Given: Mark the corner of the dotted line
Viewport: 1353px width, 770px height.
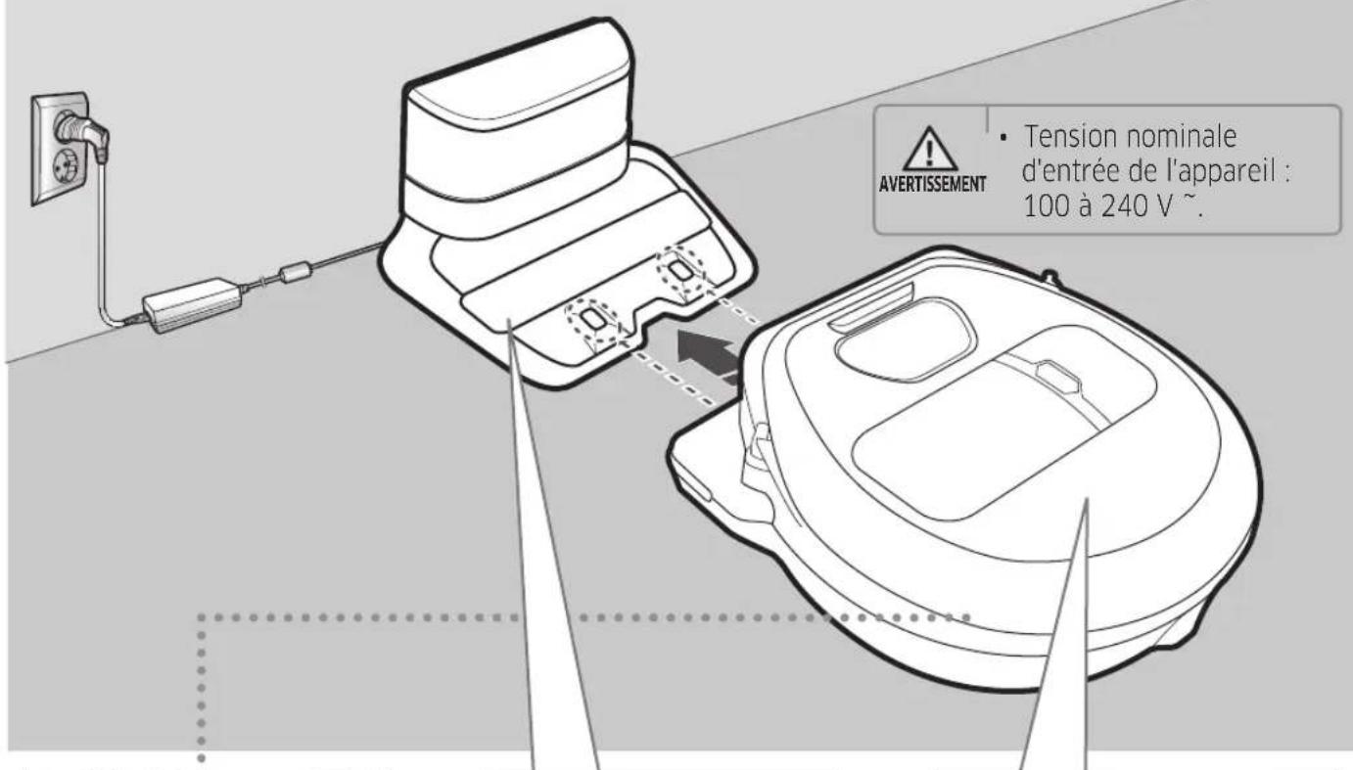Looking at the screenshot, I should click(202, 619).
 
